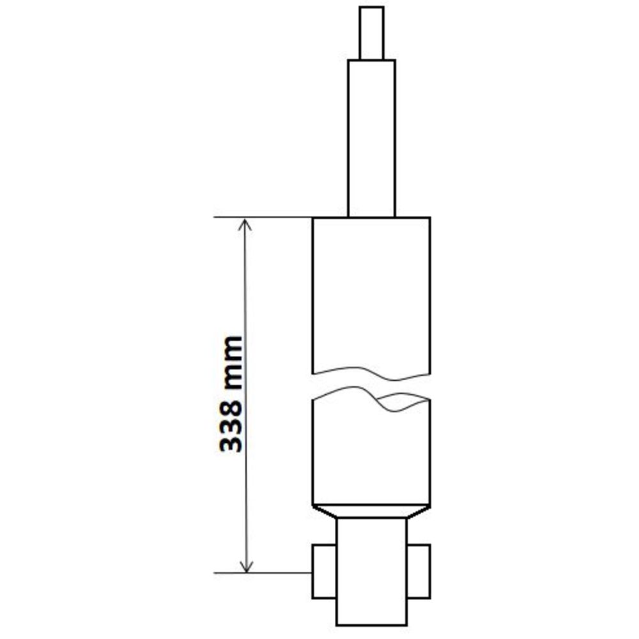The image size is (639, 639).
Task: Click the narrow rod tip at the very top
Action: (x=371, y=33)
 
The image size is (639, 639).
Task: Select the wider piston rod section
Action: (x=371, y=139)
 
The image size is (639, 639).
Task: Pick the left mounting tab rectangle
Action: (x=325, y=571)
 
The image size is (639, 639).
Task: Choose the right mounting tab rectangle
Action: (x=419, y=571)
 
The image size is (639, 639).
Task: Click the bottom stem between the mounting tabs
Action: (x=372, y=571)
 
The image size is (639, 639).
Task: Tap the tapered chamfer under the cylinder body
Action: (x=371, y=512)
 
